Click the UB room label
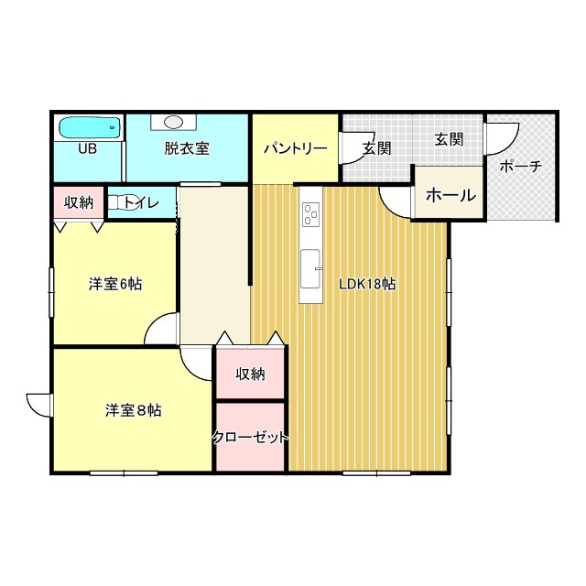[x=88, y=148]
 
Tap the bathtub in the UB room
[x=89, y=127]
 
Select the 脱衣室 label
[x=188, y=148]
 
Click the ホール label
[x=450, y=195]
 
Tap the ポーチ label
[x=521, y=167]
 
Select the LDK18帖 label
[x=367, y=284]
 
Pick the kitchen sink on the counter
[x=311, y=262]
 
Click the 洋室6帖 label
[x=114, y=284]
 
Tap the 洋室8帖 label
[x=133, y=411]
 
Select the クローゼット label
[x=250, y=438]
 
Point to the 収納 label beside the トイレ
[x=79, y=202]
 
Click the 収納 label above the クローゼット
[x=250, y=374]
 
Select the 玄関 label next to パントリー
[x=376, y=148]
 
